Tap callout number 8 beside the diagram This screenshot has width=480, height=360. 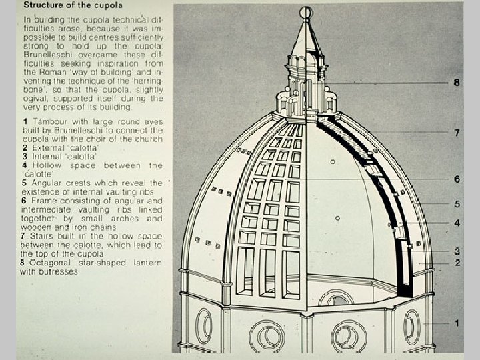click(457, 83)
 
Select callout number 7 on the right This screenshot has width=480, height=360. click(457, 133)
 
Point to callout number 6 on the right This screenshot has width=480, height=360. click(457, 179)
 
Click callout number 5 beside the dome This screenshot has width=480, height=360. click(457, 203)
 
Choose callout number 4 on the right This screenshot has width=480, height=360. click(457, 223)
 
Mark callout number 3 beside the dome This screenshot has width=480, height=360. click(457, 251)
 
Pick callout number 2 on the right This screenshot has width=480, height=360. click(457, 263)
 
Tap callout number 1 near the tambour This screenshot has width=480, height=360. click(457, 323)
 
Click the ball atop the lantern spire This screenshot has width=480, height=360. click(306, 12)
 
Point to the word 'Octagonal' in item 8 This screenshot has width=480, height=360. click(47, 263)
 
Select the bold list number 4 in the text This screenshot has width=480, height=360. click(24, 165)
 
